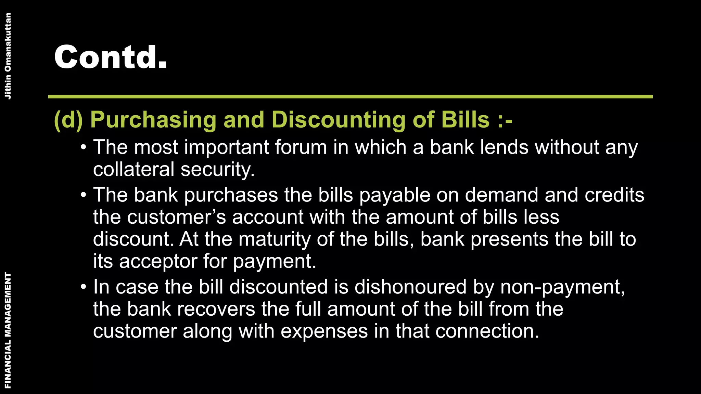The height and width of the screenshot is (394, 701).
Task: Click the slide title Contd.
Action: click(x=110, y=57)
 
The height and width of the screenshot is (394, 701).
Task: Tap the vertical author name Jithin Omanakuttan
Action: click(x=8, y=56)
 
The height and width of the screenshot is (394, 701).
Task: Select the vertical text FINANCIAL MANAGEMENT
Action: click(x=8, y=330)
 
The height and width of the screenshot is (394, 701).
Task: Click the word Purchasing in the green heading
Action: click(x=153, y=120)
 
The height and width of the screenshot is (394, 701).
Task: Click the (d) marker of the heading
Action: click(x=68, y=120)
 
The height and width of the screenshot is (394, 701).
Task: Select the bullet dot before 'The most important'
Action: click(x=83, y=148)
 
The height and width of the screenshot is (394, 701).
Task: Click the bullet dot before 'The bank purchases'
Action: click(x=83, y=195)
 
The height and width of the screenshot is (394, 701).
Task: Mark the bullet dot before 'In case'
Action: click(x=83, y=287)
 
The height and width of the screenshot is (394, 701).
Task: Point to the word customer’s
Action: click(x=177, y=217)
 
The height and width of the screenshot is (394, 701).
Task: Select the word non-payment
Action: click(x=562, y=287)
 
